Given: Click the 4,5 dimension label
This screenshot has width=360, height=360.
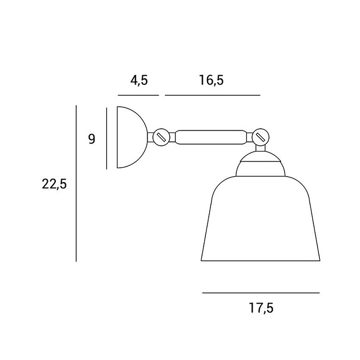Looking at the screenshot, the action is pos(139,80).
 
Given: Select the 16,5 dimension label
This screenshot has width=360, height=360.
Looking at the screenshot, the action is pos(211,80).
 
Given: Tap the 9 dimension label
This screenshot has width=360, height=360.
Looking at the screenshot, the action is pos(92,139).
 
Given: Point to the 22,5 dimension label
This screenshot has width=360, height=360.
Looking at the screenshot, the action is pos(54,184).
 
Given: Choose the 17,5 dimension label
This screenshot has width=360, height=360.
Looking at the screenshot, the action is pos(261,308).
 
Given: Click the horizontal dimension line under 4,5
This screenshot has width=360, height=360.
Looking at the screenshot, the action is pos(138,95).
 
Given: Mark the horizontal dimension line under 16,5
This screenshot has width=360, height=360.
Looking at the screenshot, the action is pos(213,95).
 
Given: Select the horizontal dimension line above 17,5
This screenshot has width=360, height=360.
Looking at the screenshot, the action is pos(261,292).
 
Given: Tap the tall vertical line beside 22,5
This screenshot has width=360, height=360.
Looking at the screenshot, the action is pos(76,183).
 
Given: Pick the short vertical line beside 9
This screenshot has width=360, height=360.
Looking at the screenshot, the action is pos(106,138).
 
